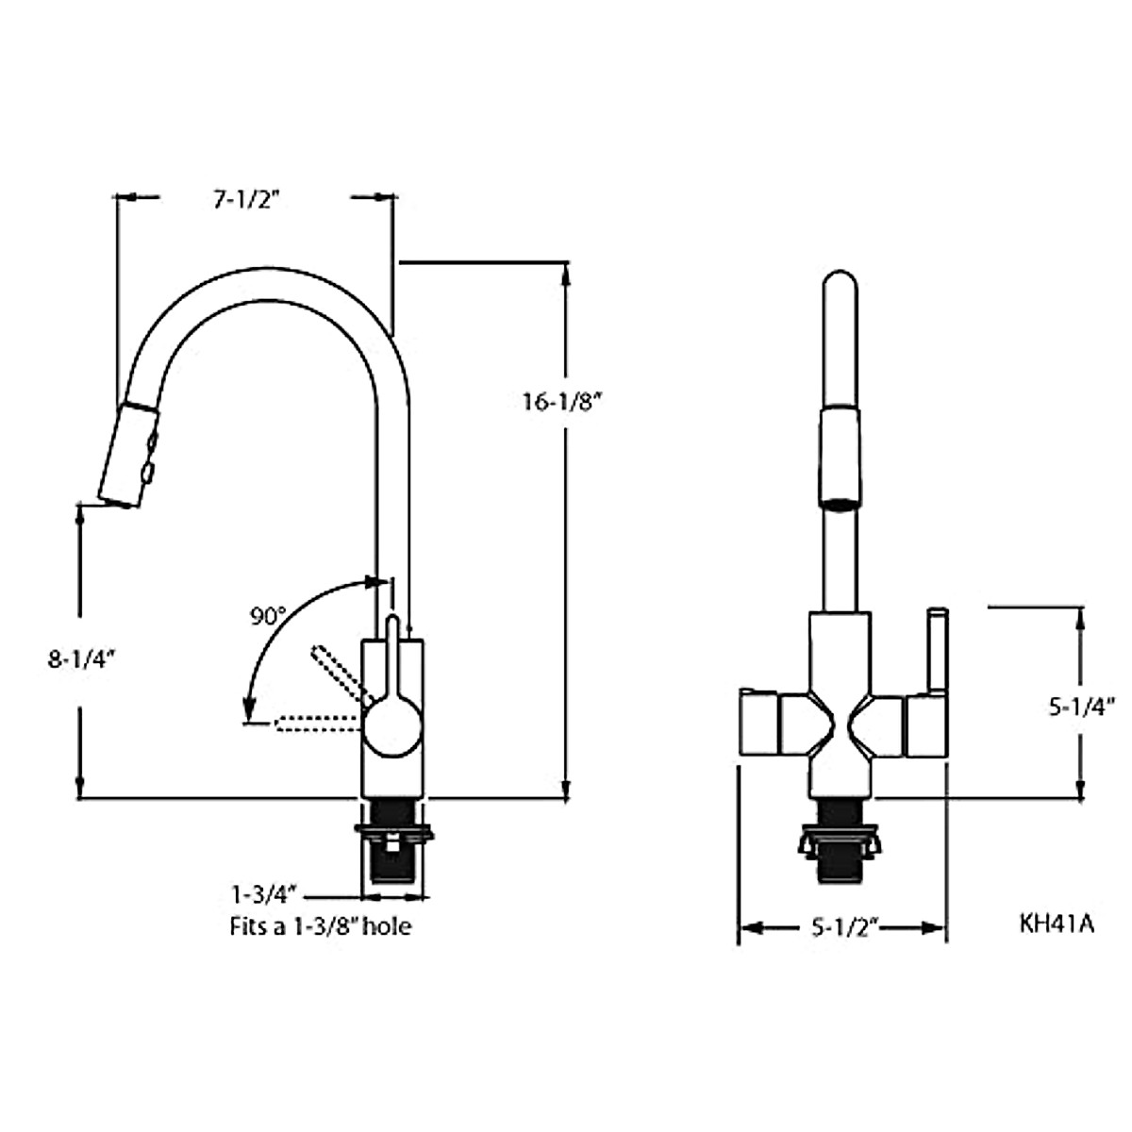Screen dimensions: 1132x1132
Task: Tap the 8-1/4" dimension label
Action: click(80, 659)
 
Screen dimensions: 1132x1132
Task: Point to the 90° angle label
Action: click(268, 617)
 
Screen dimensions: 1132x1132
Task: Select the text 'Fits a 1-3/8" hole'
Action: click(321, 926)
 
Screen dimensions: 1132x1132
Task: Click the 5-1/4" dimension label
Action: click(1083, 705)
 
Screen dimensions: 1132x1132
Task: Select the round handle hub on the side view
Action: click(391, 726)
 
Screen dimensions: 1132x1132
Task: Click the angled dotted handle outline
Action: click(337, 672)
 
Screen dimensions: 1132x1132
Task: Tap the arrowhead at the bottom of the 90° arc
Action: click(249, 708)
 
